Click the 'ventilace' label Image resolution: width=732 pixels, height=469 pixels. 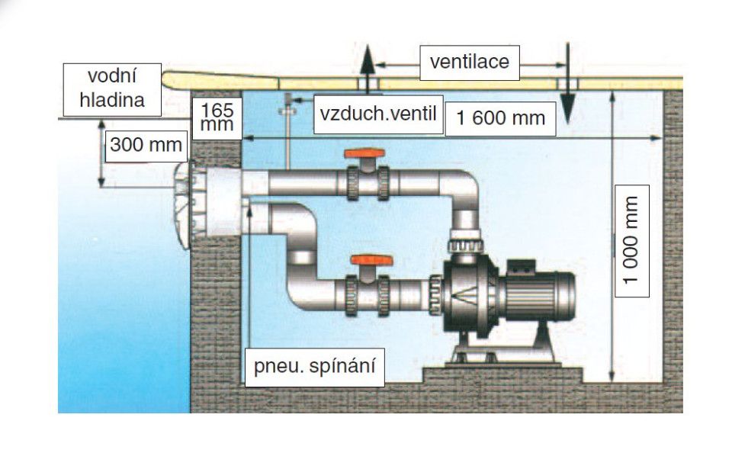click(x=469, y=61)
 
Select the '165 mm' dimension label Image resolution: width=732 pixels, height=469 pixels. click(x=217, y=117)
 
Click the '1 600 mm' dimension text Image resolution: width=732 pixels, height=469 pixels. click(x=500, y=118)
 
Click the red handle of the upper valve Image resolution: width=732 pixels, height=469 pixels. click(x=362, y=154)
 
